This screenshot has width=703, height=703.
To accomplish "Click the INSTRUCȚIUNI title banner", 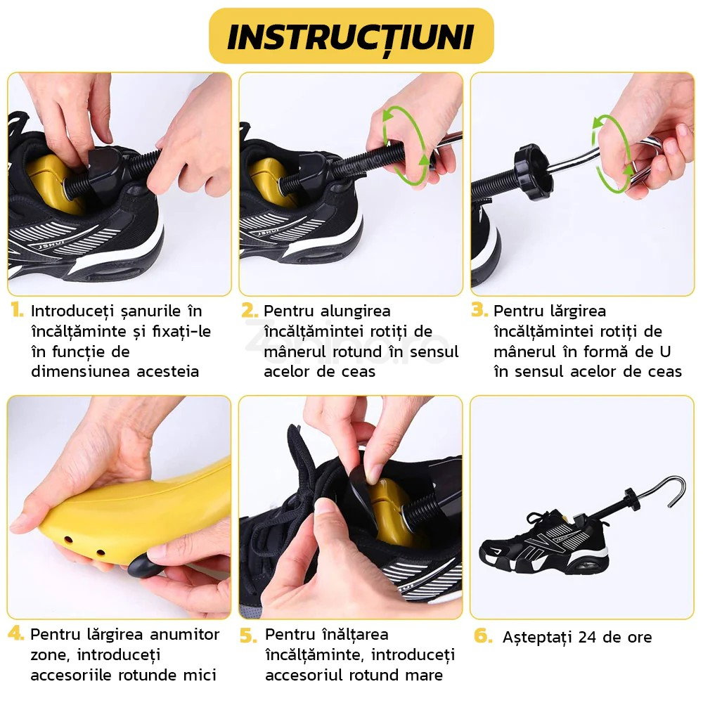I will tap(351, 37).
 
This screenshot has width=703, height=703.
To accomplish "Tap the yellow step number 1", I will tap(16, 310).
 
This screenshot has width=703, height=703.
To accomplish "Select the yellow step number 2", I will tap(249, 310).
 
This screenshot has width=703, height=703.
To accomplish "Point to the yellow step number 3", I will tap(479, 310).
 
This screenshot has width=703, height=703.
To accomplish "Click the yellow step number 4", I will tap(16, 633).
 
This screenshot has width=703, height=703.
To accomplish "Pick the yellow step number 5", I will tap(248, 635).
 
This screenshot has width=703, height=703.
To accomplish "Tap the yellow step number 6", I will tap(482, 636).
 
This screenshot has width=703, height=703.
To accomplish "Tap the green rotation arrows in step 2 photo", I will tap(403, 146).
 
